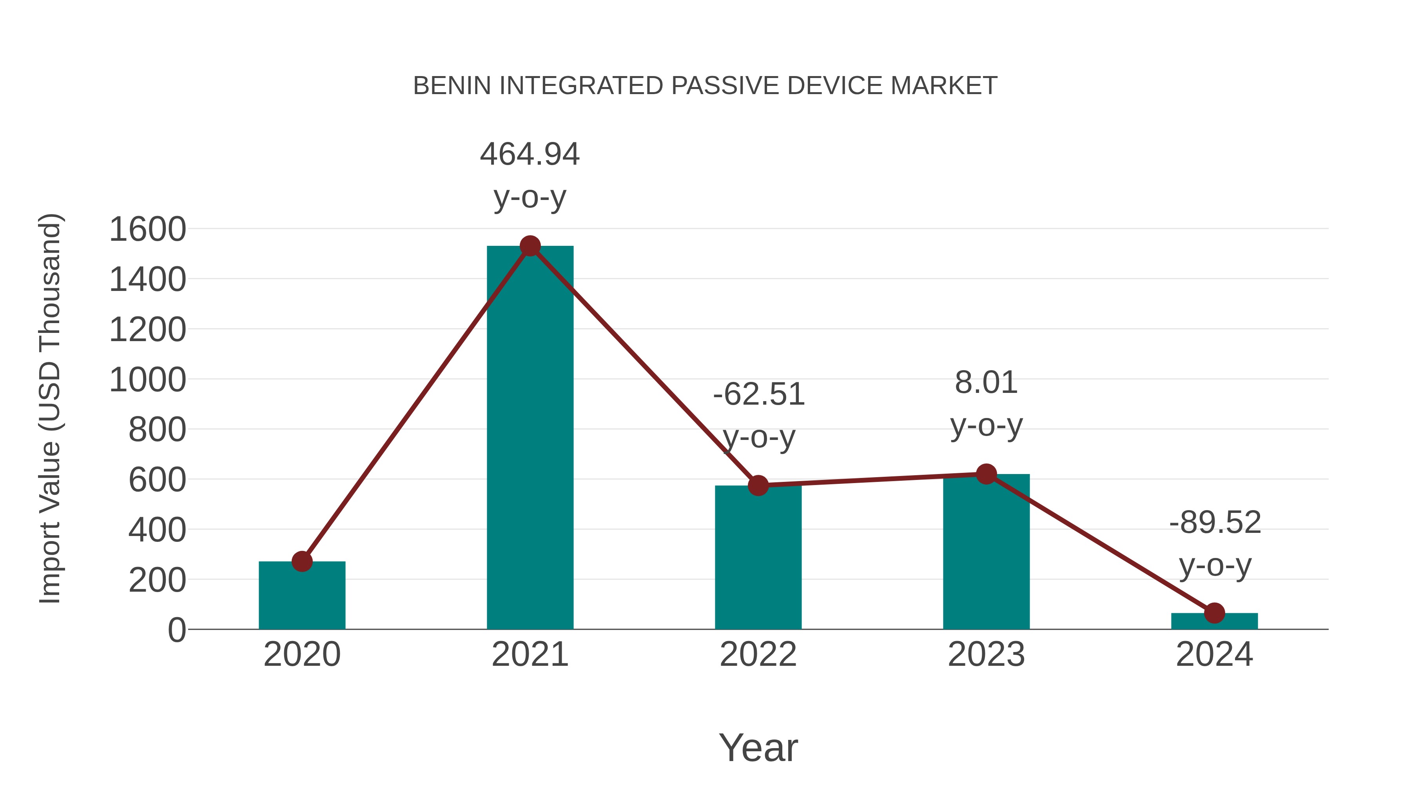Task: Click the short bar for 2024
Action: [1214, 621]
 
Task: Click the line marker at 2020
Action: [302, 561]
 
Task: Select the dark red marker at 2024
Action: [1214, 613]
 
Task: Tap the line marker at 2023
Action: [986, 474]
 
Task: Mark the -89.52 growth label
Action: [1215, 522]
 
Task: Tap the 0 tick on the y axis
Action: [176, 630]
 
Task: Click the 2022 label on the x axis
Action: [758, 654]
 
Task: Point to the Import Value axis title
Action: [50, 408]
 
